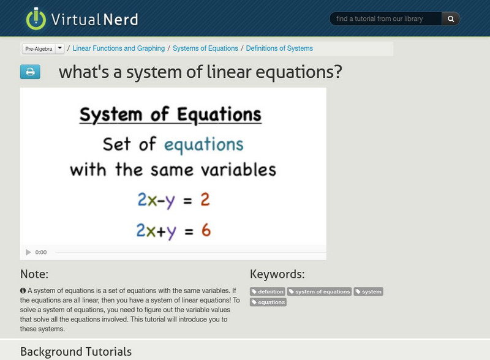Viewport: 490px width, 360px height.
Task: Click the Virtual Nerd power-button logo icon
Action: pos(36,19)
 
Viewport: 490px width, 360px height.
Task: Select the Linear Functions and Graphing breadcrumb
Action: pos(119,48)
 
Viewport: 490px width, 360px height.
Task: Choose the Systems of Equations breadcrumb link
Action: pos(205,48)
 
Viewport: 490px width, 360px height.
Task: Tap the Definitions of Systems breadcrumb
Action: pos(279,48)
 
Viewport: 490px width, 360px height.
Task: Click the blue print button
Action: pos(30,72)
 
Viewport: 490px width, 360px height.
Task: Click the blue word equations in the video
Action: pos(204,144)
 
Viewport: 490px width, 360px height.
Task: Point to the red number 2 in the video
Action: pos(205,200)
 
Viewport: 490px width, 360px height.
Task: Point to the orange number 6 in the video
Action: pos(206,230)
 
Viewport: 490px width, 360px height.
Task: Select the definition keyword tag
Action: pos(268,292)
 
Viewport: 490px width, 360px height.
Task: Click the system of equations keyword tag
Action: pos(320,292)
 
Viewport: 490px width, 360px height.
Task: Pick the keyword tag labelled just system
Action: pos(369,292)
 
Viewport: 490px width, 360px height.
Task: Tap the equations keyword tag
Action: pos(268,302)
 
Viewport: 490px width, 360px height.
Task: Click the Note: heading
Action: pos(34,274)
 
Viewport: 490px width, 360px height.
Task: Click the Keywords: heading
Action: pos(277,274)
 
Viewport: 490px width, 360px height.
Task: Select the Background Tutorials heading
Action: pos(76,351)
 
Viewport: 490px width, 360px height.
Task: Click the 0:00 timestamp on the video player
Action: pos(41,252)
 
